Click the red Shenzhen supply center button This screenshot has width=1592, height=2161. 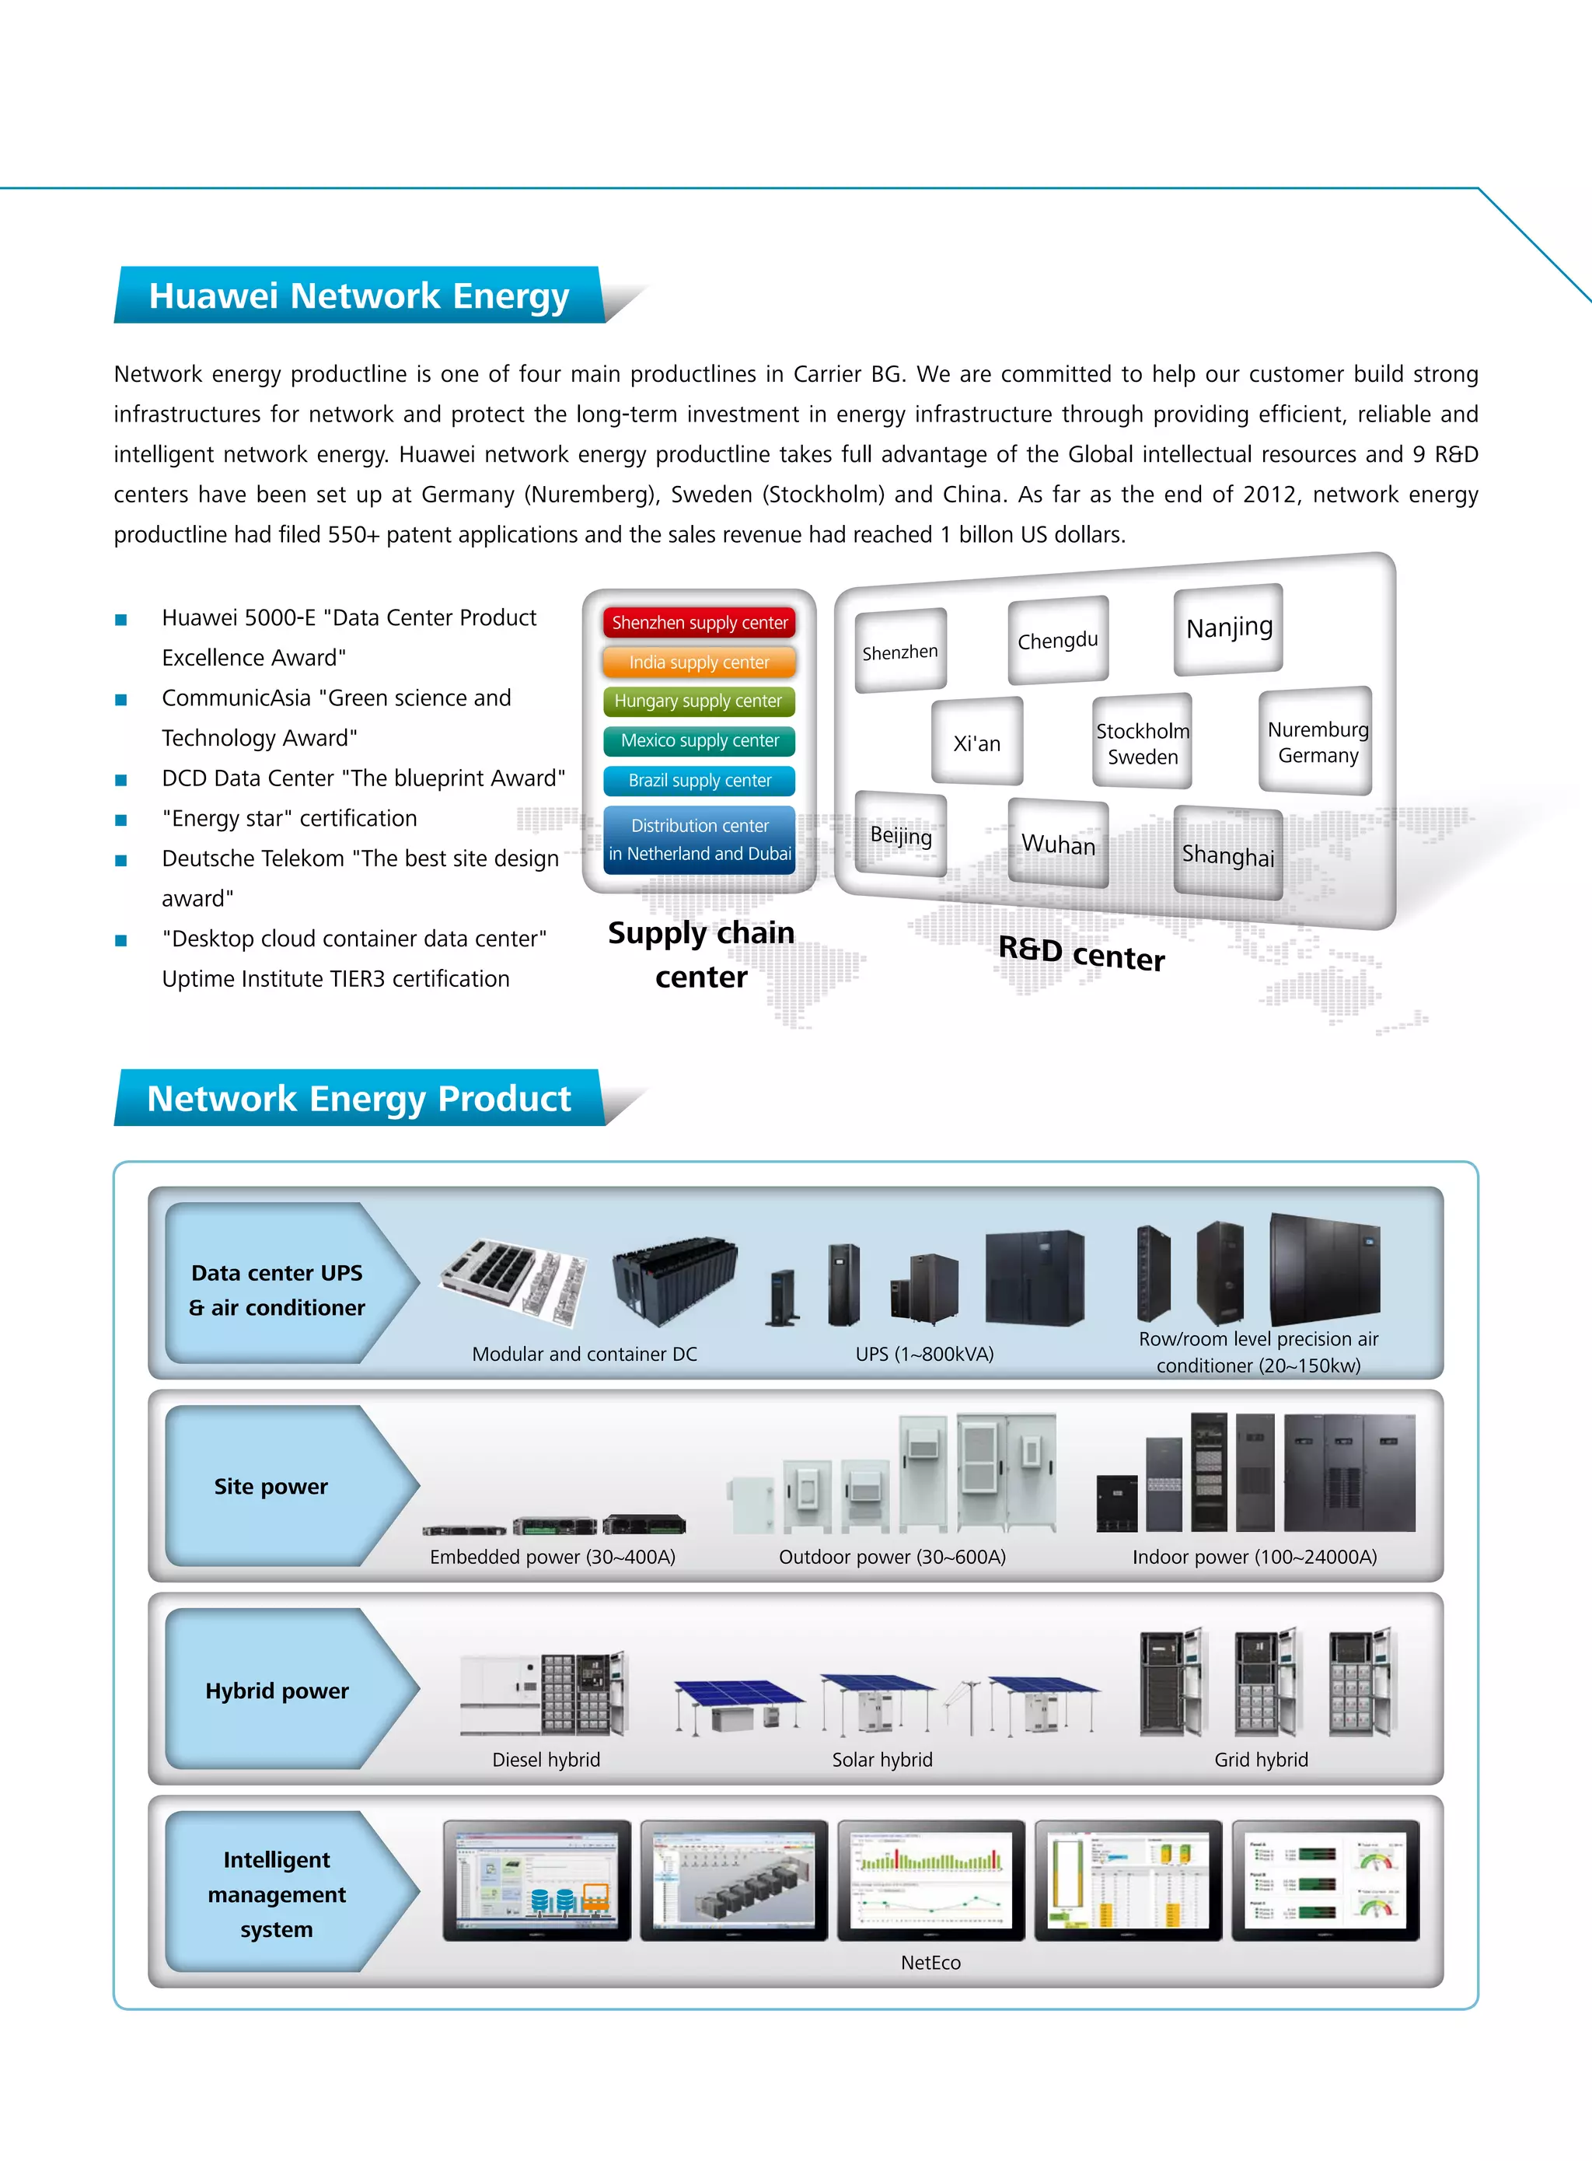click(x=700, y=623)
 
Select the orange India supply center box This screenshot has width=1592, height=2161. click(x=700, y=663)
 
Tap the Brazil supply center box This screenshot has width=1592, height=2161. click(x=700, y=781)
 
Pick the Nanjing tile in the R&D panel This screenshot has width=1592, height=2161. click(x=1229, y=628)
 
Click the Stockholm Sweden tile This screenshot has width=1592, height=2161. click(x=1142, y=743)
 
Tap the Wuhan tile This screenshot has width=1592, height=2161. click(x=1058, y=844)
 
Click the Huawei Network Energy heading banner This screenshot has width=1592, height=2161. click(x=358, y=296)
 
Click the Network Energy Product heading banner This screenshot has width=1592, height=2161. click(x=358, y=1099)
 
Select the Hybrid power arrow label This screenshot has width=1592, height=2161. click(x=278, y=1691)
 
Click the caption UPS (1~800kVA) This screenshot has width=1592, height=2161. click(x=924, y=1353)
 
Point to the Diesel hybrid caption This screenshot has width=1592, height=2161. click(x=546, y=1759)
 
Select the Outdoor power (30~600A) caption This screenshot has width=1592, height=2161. click(x=892, y=1557)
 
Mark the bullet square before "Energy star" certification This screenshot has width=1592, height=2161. click(x=121, y=820)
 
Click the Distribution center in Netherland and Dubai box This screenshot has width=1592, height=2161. click(x=700, y=840)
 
